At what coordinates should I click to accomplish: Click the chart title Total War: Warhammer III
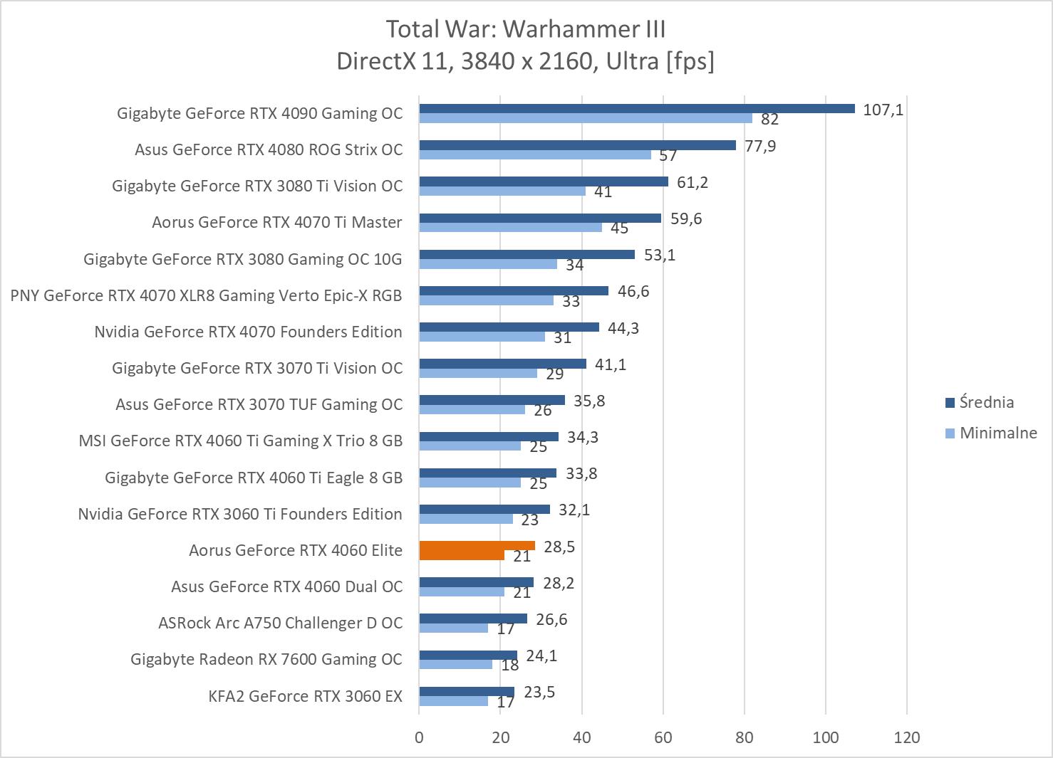pyautogui.click(x=525, y=29)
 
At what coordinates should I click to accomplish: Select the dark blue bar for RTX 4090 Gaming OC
pyautogui.click(x=636, y=109)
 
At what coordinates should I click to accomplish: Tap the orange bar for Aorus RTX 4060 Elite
pyautogui.click(x=477, y=546)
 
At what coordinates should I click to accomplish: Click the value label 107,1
pyautogui.click(x=883, y=110)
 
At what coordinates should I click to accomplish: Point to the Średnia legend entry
pyautogui.click(x=986, y=402)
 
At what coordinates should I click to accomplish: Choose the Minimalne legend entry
pyautogui.click(x=997, y=433)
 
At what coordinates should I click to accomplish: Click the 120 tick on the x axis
pyautogui.click(x=906, y=737)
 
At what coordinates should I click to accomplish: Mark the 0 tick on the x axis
pyautogui.click(x=419, y=737)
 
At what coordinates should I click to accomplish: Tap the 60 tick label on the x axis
pyautogui.click(x=663, y=737)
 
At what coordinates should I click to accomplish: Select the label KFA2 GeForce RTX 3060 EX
pyautogui.click(x=305, y=696)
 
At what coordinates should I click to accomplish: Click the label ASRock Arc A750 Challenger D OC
pyautogui.click(x=280, y=623)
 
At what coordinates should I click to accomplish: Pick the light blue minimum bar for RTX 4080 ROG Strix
pyautogui.click(x=534, y=154)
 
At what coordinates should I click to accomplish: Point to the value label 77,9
pyautogui.click(x=760, y=146)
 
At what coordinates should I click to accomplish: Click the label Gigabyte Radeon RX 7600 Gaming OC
pyautogui.click(x=266, y=659)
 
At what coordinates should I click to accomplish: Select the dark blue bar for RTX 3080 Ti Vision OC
pyautogui.click(x=543, y=181)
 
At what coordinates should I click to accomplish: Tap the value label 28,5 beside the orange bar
pyautogui.click(x=559, y=547)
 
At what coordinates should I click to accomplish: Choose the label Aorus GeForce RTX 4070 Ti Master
pyautogui.click(x=276, y=222)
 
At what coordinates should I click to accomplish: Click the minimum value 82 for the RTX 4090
pyautogui.click(x=769, y=120)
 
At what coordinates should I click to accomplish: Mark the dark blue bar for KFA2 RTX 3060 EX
pyautogui.click(x=466, y=692)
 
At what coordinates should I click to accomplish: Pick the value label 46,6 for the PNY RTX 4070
pyautogui.click(x=633, y=291)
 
